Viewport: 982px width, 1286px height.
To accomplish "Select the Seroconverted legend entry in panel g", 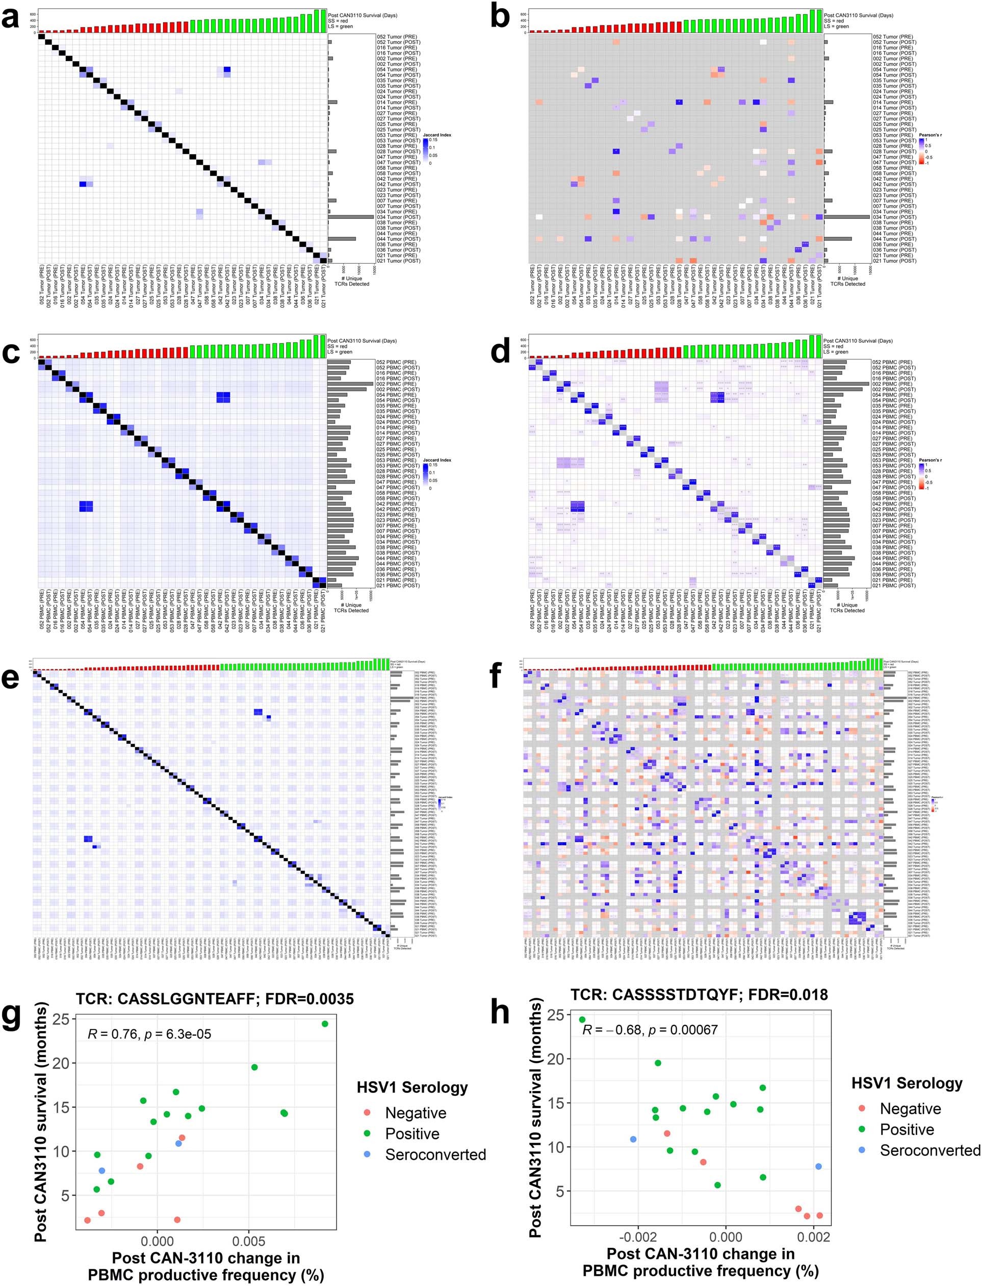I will pos(435,1154).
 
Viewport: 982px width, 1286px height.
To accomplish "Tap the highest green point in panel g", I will pos(325,1023).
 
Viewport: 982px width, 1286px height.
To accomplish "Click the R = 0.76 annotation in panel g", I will pos(149,1034).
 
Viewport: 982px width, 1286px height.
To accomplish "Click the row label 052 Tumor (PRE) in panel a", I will pos(398,37).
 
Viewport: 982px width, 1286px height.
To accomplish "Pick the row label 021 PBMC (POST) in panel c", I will pos(398,586).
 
